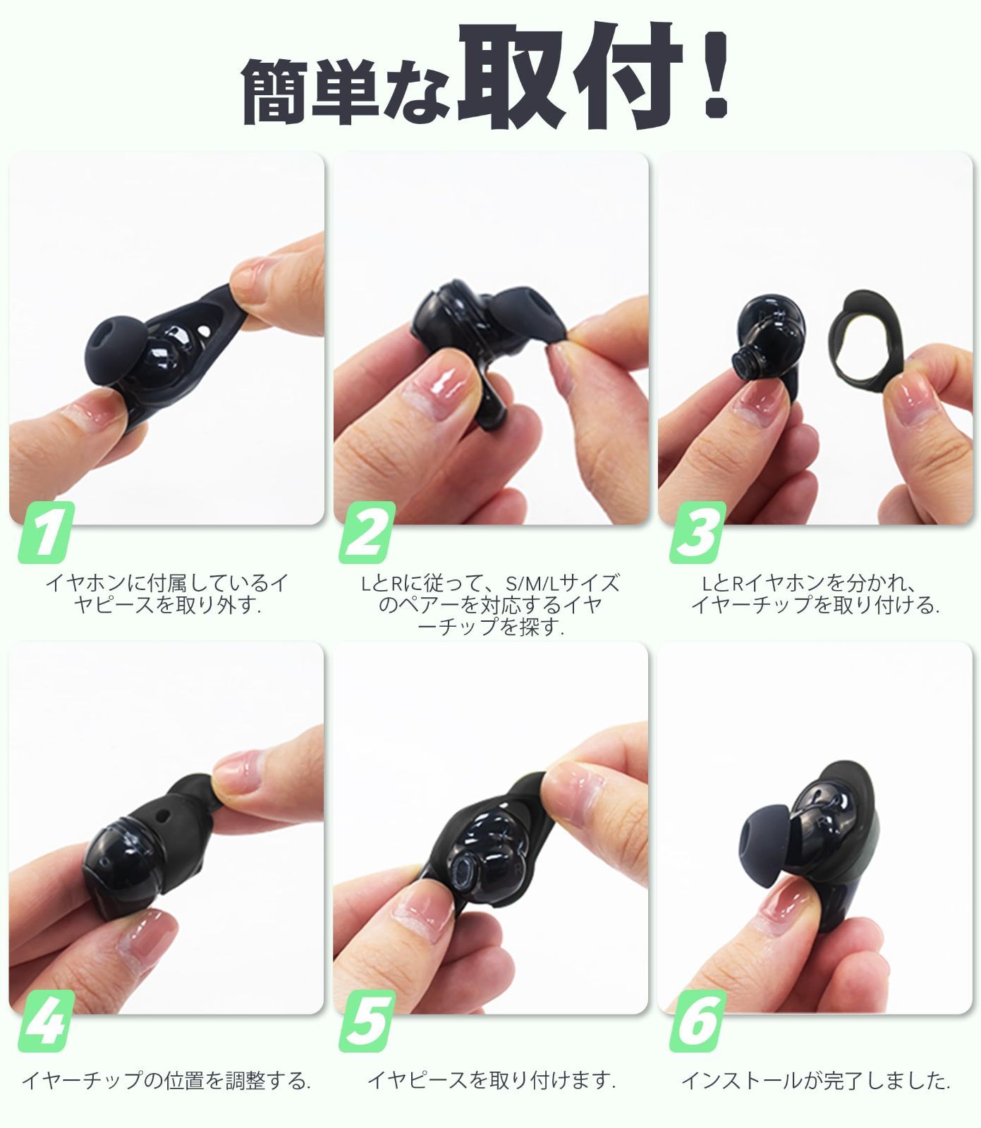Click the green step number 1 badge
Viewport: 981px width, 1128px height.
click(47, 534)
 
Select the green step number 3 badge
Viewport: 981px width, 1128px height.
click(695, 534)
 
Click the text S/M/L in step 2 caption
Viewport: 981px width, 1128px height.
click(533, 583)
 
